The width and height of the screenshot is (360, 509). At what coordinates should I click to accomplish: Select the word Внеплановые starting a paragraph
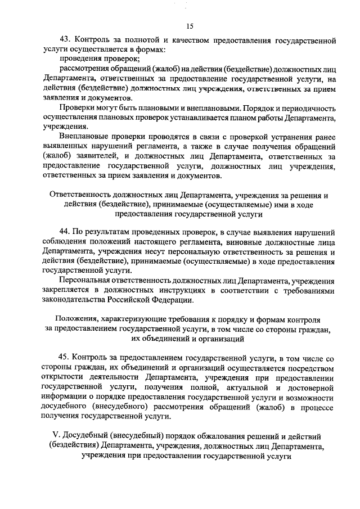pyautogui.click(x=83, y=136)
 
